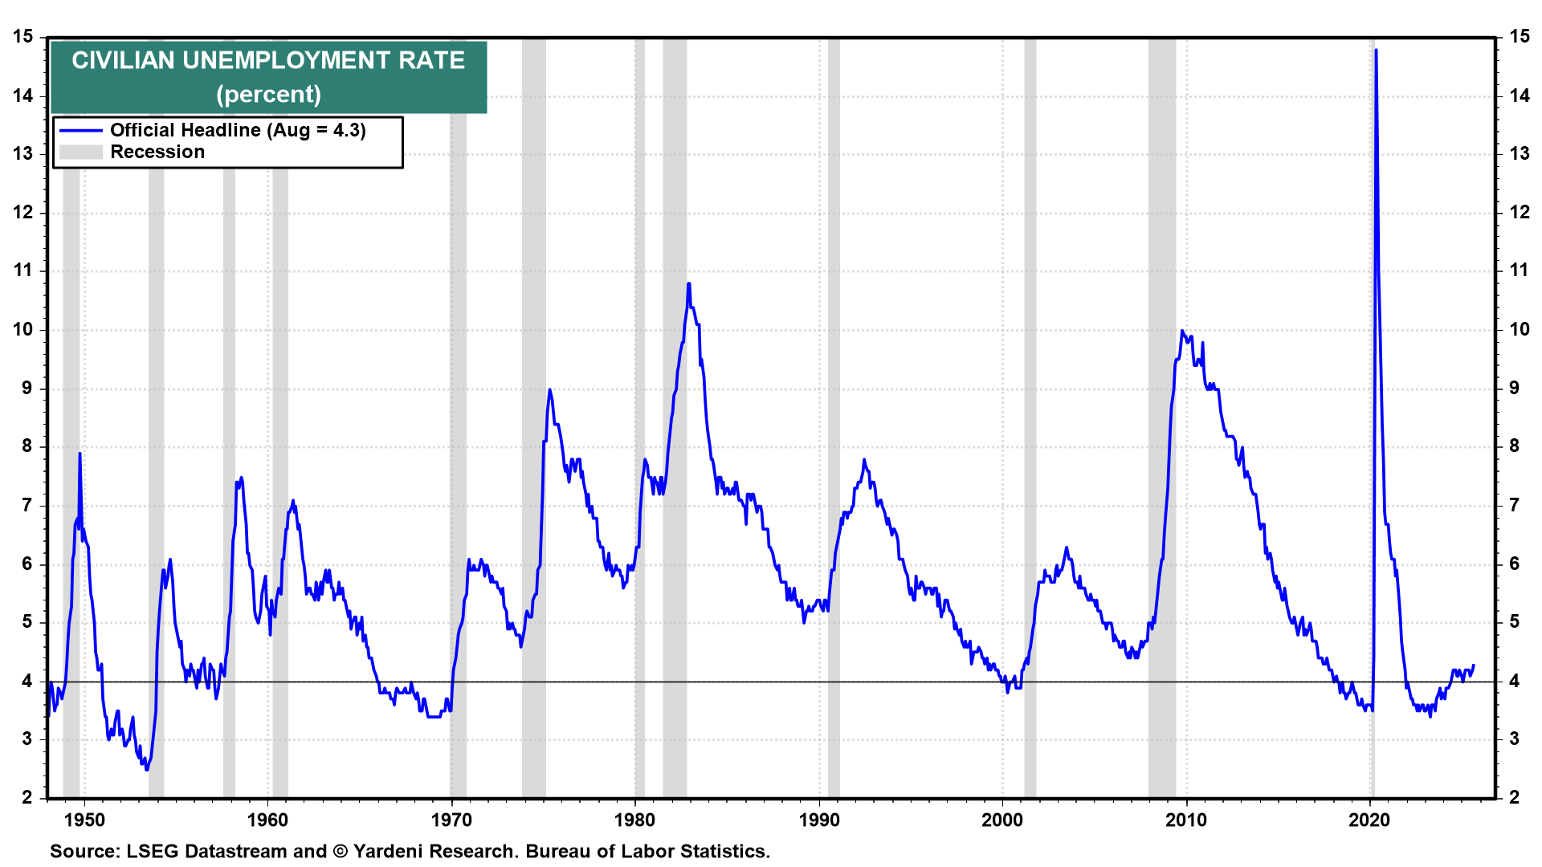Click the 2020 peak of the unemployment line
click(1377, 51)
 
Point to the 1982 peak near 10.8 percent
click(688, 283)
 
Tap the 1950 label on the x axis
click(84, 820)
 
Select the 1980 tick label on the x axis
click(635, 820)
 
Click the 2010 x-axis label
click(1186, 820)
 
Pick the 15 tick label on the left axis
click(23, 37)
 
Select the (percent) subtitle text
click(268, 95)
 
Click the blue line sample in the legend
click(81, 131)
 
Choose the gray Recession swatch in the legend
click(81, 153)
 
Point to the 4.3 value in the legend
click(348, 131)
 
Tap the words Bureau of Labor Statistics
click(647, 852)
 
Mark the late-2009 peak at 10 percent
click(1182, 331)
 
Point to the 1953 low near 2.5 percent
click(146, 769)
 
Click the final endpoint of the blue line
click(1474, 665)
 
